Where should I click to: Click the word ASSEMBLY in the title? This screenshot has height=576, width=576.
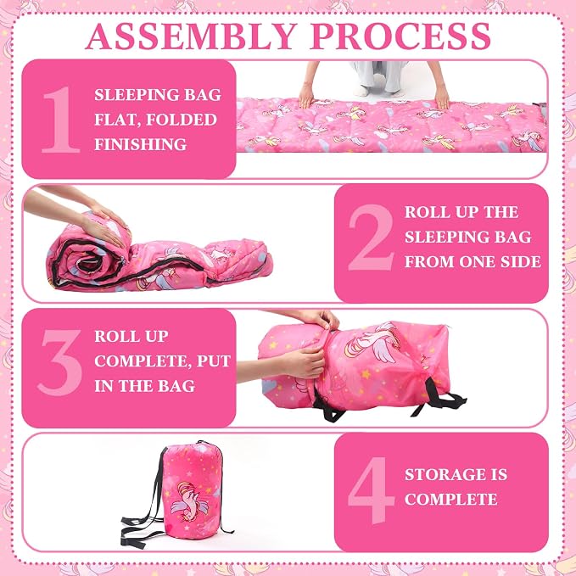pyautogui.click(x=191, y=36)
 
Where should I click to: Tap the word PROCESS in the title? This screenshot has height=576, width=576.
pyautogui.click(x=400, y=36)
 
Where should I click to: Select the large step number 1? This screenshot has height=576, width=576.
pyautogui.click(x=61, y=120)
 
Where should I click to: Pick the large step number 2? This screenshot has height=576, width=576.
pyautogui.click(x=371, y=238)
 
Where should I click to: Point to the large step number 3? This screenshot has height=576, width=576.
pyautogui.click(x=60, y=362)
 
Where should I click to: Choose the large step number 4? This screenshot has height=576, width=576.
pyautogui.click(x=371, y=490)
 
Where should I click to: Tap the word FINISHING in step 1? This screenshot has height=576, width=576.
pyautogui.click(x=140, y=144)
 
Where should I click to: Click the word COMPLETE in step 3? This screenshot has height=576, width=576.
pyautogui.click(x=143, y=361)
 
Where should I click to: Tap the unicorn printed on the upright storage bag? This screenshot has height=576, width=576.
pyautogui.click(x=189, y=502)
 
